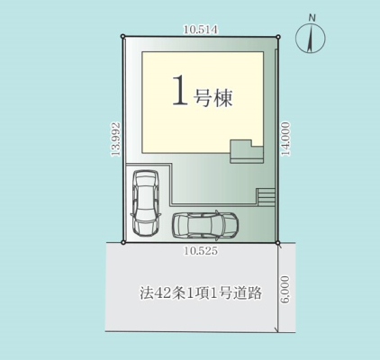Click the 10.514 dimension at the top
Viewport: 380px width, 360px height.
(x=201, y=30)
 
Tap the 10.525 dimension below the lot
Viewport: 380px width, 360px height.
(x=201, y=251)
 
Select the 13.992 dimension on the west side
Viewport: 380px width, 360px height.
(x=115, y=139)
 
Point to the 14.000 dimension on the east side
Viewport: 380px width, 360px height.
(x=286, y=139)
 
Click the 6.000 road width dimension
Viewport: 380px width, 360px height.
(x=286, y=289)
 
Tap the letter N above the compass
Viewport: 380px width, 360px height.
(x=312, y=18)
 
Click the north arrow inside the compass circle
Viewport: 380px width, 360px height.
(x=311, y=38)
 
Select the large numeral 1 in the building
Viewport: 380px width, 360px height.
(x=180, y=90)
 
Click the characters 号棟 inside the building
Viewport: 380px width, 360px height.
(x=213, y=97)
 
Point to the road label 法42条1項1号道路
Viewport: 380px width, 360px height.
(x=201, y=293)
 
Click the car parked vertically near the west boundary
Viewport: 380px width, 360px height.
(x=145, y=202)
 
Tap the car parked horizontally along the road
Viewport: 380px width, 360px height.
(x=205, y=226)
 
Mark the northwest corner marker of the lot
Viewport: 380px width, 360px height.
(x=122, y=36)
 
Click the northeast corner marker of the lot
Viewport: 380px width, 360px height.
(x=278, y=37)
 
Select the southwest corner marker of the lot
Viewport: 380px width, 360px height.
(x=122, y=242)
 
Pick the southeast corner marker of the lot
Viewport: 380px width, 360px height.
(x=278, y=242)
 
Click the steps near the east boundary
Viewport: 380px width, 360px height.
(x=266, y=197)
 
